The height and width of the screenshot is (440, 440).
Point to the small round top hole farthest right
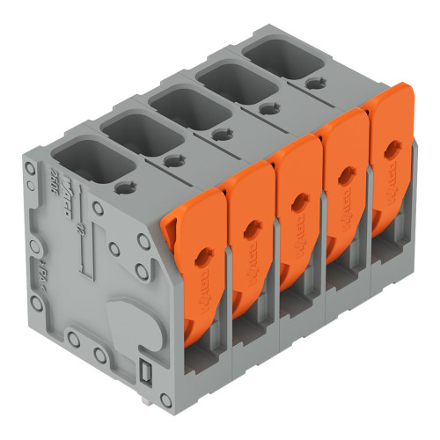(x=313, y=84)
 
